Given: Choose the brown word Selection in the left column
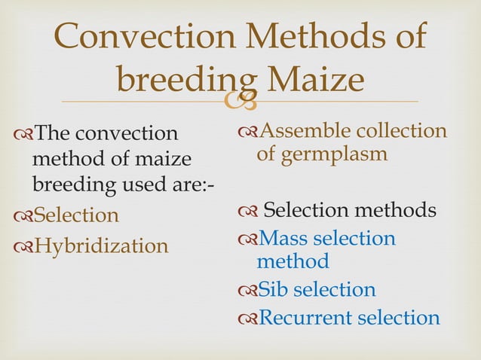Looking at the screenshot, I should pyautogui.click(x=76, y=215).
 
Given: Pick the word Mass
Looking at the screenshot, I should pyautogui.click(x=284, y=239).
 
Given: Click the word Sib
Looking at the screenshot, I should pyautogui.click(x=273, y=290).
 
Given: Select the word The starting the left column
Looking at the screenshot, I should pyautogui.click(x=51, y=133).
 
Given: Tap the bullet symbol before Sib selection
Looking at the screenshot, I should pyautogui.click(x=247, y=291).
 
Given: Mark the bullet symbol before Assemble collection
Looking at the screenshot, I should pyautogui.click(x=247, y=132).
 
